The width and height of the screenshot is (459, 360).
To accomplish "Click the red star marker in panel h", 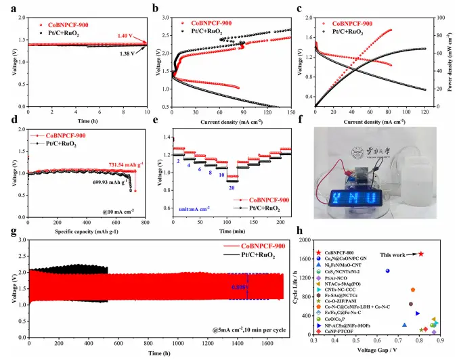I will click(421, 254).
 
